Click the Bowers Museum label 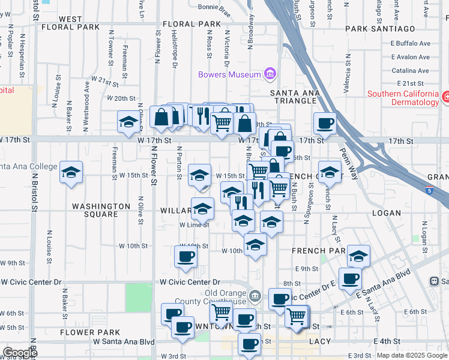[x=230, y=74]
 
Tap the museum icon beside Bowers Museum [x=270, y=74]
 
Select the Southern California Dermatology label [x=403, y=98]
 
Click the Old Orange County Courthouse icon [x=255, y=295]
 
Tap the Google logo [x=20, y=353]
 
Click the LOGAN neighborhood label [x=386, y=212]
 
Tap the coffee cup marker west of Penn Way [x=325, y=123]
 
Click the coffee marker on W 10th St [x=185, y=256]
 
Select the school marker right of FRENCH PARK [x=358, y=256]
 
